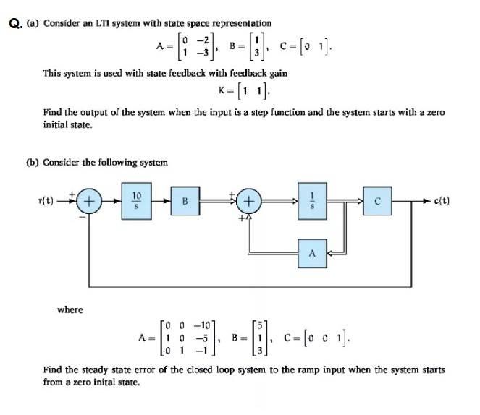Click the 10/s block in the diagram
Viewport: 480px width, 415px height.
point(137,200)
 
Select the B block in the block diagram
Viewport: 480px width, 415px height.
point(184,200)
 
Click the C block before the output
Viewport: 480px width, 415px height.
point(377,200)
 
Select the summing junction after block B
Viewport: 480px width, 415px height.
point(248,201)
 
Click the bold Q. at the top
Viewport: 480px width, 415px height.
point(14,24)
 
